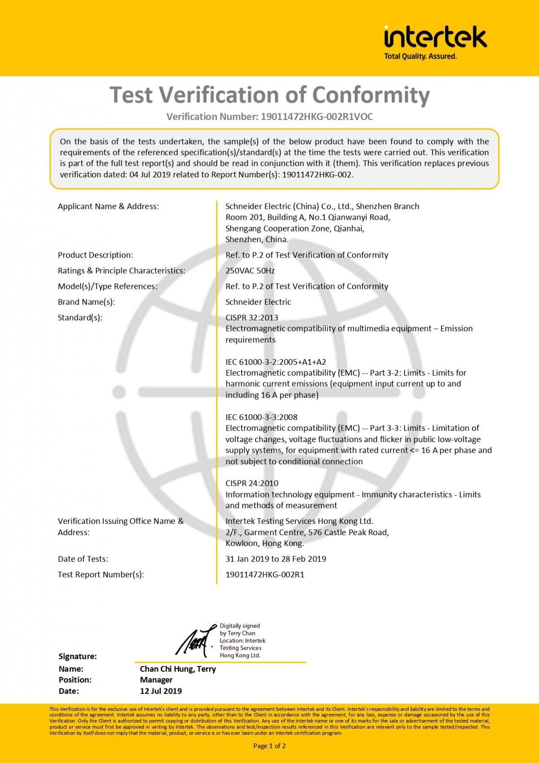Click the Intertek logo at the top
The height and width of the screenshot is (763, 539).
pyautogui.click(x=435, y=37)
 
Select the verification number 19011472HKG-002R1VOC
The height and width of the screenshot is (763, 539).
pyautogui.click(x=317, y=117)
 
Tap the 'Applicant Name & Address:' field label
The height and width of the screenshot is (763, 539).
pyautogui.click(x=108, y=206)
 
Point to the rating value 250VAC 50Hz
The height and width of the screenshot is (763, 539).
pyautogui.click(x=250, y=271)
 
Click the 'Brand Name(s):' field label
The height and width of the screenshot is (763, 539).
pyautogui.click(x=86, y=302)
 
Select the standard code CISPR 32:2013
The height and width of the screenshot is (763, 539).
pyautogui.click(x=252, y=318)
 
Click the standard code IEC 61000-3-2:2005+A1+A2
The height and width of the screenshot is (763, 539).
pyautogui.click(x=275, y=362)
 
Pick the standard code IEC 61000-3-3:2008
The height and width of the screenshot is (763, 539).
pyautogui.click(x=261, y=417)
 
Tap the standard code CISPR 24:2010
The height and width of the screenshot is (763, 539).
pyautogui.click(x=252, y=483)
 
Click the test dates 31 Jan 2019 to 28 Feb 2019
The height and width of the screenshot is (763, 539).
pyautogui.click(x=275, y=559)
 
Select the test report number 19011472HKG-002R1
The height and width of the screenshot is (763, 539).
pyautogui.click(x=265, y=574)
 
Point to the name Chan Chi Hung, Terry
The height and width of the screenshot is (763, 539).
pyautogui.click(x=177, y=669)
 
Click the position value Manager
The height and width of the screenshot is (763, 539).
pyautogui.click(x=156, y=680)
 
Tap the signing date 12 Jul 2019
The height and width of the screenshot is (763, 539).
pyautogui.click(x=160, y=691)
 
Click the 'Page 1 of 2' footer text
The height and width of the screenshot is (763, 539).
pyautogui.click(x=269, y=746)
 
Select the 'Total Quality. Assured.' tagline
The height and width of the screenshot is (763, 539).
pyautogui.click(x=420, y=57)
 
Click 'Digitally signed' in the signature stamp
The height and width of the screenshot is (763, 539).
pyautogui.click(x=239, y=626)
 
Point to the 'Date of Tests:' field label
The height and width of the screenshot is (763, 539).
pyautogui.click(x=83, y=559)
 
